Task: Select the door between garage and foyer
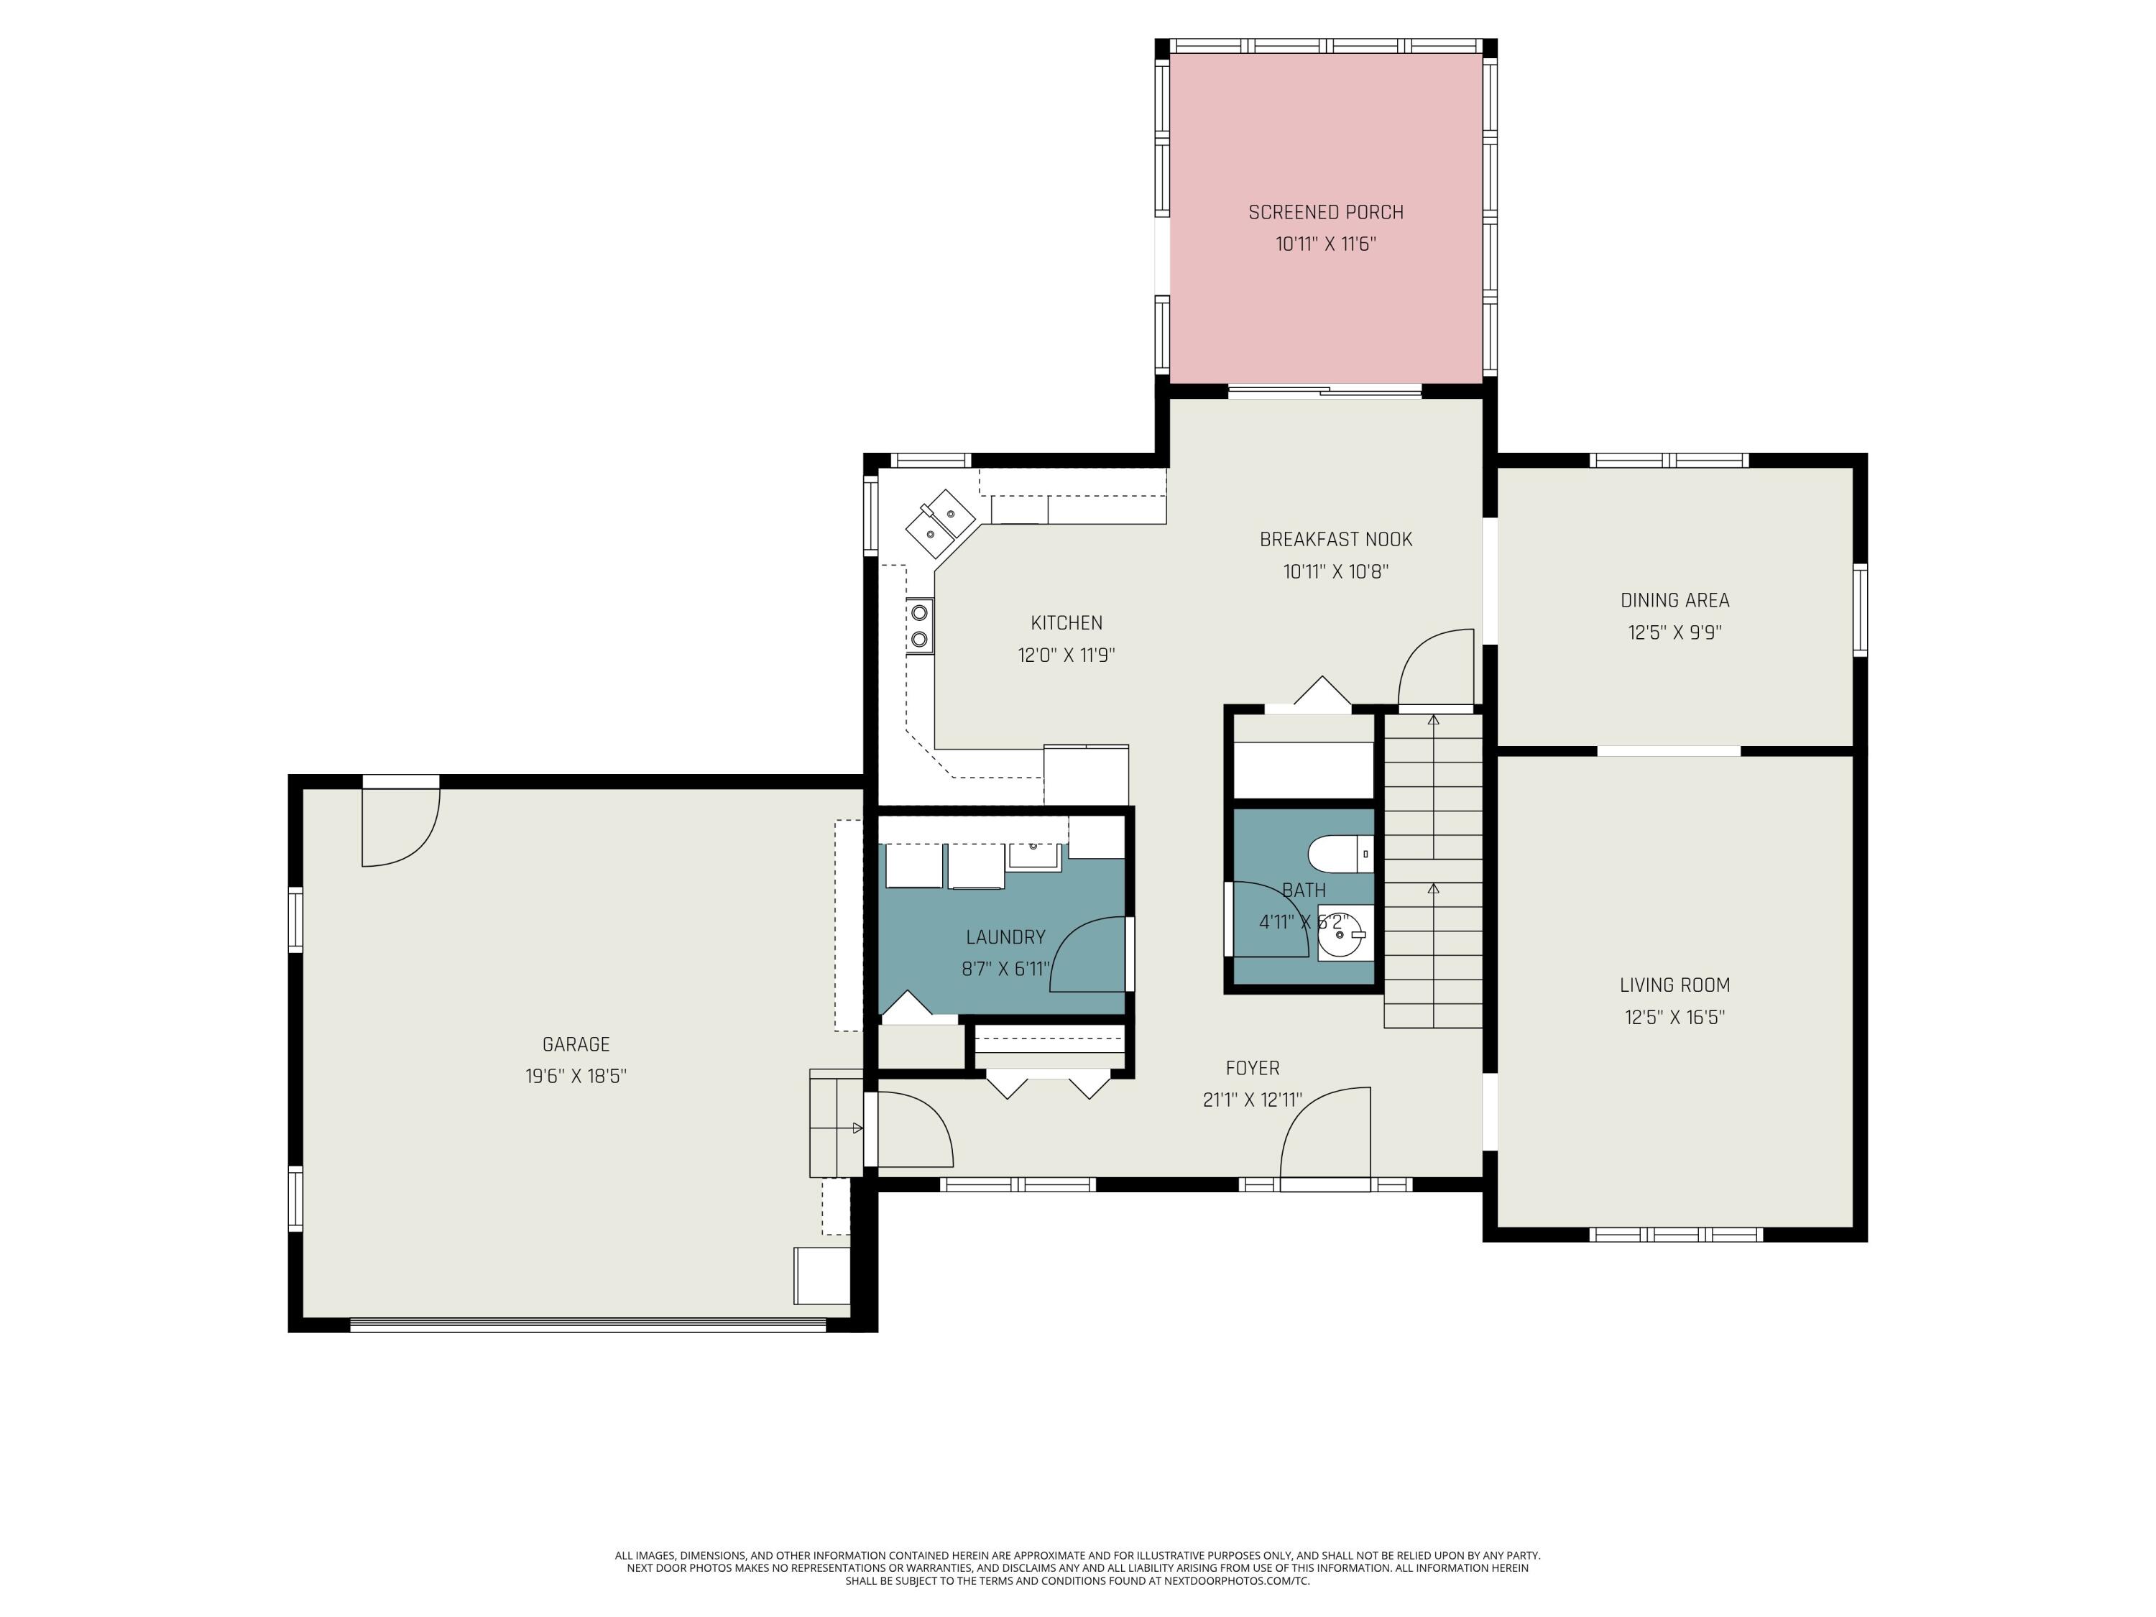tap(911, 1130)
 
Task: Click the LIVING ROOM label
tap(1674, 985)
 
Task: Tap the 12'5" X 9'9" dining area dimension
tap(1674, 632)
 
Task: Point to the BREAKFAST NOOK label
tap(1335, 540)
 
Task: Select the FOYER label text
tap(1253, 1068)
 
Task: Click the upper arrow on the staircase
tap(1433, 722)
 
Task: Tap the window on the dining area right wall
tap(1860, 609)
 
